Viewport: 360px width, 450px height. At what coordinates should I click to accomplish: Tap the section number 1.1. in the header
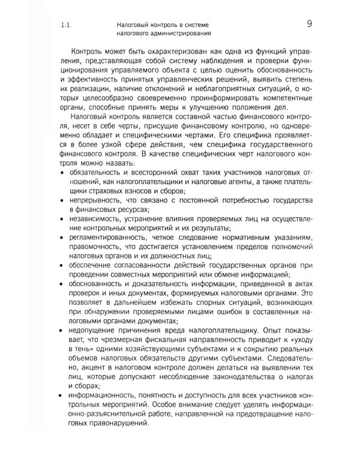(x=67, y=26)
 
